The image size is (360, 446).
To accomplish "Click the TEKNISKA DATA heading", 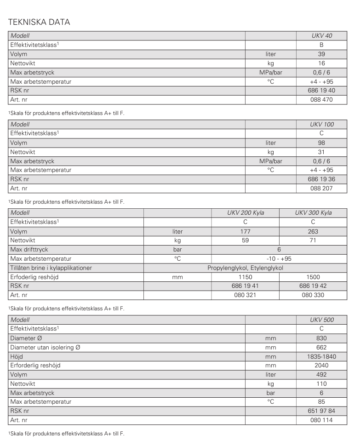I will coord(39,22).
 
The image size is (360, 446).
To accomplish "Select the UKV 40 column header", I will coord(321,35).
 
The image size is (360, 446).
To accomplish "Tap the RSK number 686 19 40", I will coord(321,90).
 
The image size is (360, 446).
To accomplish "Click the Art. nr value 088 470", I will coord(321,99).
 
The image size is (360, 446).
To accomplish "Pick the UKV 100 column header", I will coord(321,125).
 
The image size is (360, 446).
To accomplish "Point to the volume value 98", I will coord(321,143).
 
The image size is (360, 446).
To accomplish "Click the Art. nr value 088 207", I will coord(321,188).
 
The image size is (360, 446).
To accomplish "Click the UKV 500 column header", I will coord(321,320).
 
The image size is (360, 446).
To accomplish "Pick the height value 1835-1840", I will coord(321,356).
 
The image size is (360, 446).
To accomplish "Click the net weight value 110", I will coord(321,383).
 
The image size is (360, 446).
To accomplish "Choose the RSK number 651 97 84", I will coord(321,411).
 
